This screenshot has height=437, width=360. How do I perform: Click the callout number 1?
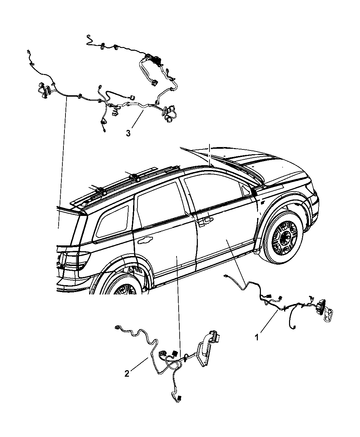click(257, 337)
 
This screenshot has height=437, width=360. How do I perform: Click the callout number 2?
click(127, 374)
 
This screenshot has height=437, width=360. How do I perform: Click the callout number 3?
click(128, 133)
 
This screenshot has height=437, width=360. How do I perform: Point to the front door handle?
click(206, 221)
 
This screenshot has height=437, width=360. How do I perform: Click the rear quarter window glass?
click(112, 222)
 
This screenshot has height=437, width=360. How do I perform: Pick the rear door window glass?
click(160, 207)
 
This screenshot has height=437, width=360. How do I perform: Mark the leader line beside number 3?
click(137, 119)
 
